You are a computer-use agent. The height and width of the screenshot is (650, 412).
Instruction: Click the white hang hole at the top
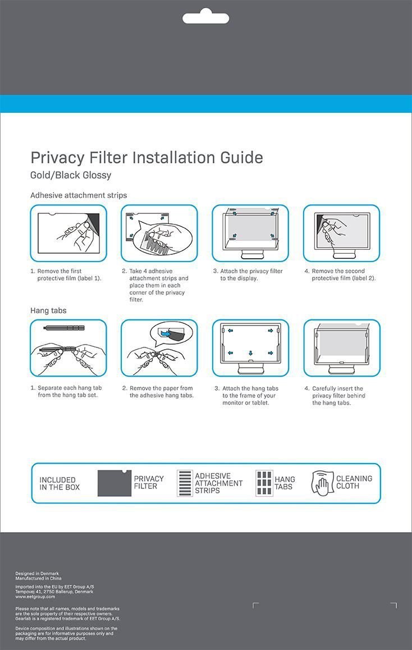pos(205,17)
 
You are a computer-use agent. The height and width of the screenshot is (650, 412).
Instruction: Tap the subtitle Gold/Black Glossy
pos(71,175)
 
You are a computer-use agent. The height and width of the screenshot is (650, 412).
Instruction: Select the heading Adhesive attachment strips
pos(79,195)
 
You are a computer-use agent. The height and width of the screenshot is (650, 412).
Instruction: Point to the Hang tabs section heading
pos(48,310)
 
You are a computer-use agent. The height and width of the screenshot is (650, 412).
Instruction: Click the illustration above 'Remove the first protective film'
pos(68,233)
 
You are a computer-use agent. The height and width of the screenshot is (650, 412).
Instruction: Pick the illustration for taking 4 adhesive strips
pos(159,233)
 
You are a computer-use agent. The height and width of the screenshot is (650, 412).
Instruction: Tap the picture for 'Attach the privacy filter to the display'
pos(250,233)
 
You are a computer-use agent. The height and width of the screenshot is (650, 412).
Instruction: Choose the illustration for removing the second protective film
pos(342,233)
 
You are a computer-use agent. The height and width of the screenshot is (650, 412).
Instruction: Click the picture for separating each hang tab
pos(68,348)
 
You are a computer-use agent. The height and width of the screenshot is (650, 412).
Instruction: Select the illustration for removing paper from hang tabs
pos(159,348)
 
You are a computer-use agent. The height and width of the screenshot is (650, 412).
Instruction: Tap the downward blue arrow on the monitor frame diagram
pos(250,353)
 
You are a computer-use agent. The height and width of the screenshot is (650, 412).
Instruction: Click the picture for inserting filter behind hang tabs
pos(342,348)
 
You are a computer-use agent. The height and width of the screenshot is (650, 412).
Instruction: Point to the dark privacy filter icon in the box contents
pos(114,483)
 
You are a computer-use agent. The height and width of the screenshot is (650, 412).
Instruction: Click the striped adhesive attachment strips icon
pos(185,483)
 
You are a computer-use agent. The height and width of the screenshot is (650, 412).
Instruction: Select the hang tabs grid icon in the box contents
pos(264,483)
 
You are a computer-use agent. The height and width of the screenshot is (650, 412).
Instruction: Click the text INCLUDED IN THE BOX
pos(59,483)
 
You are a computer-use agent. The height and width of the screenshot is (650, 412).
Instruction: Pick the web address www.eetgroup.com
pos(35,597)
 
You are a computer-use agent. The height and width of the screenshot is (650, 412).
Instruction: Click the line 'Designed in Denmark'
pos(37,574)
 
